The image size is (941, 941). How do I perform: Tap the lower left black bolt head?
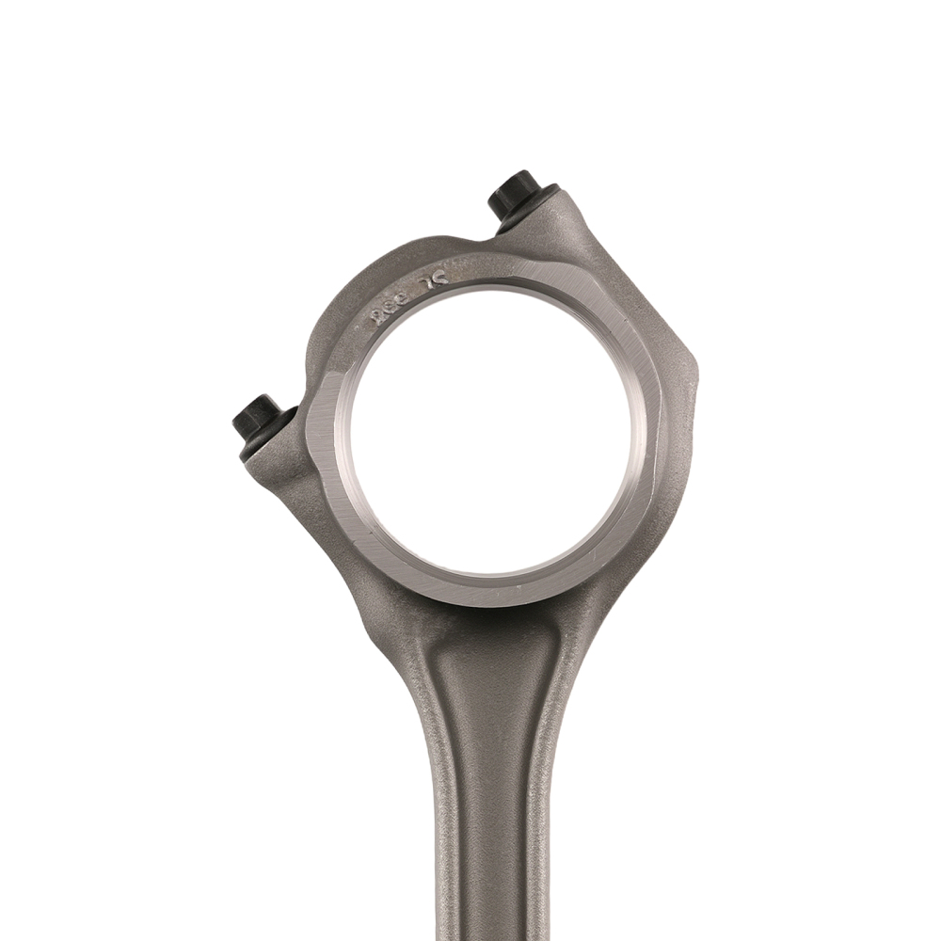pyautogui.click(x=257, y=418)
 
